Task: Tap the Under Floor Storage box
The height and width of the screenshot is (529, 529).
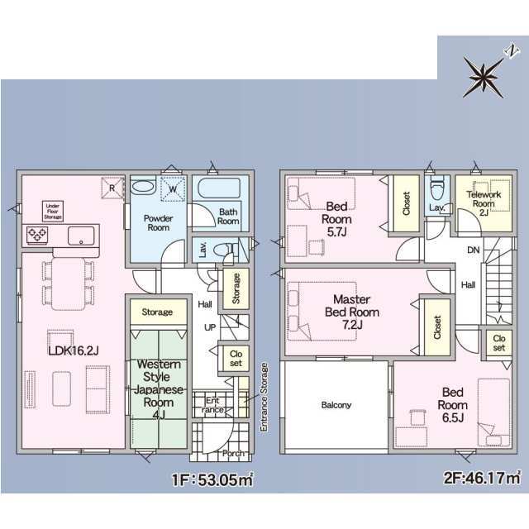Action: (53, 212)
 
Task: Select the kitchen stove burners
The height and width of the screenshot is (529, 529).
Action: (37, 235)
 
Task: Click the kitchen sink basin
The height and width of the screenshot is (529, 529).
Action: (81, 236)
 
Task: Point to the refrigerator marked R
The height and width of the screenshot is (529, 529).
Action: (112, 188)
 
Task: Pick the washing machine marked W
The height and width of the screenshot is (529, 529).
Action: (173, 188)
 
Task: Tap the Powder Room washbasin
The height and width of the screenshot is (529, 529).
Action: (143, 186)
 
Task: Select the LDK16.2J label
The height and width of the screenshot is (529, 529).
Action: (74, 350)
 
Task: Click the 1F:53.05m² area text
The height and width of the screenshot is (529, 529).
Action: (212, 479)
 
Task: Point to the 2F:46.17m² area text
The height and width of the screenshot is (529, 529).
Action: (482, 478)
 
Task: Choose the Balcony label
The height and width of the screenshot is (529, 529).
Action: (336, 405)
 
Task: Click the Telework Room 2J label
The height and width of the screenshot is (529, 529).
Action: (484, 203)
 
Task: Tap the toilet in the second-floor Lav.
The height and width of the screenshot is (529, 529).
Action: (437, 190)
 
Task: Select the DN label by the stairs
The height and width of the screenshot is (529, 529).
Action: (474, 250)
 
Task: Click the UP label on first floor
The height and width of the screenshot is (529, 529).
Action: (210, 327)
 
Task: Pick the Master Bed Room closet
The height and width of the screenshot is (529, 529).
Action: (437, 327)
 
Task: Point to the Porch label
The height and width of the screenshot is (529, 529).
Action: (233, 453)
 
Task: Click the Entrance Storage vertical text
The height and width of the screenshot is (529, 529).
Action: (264, 397)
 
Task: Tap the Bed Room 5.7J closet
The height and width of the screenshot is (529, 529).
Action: (406, 203)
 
